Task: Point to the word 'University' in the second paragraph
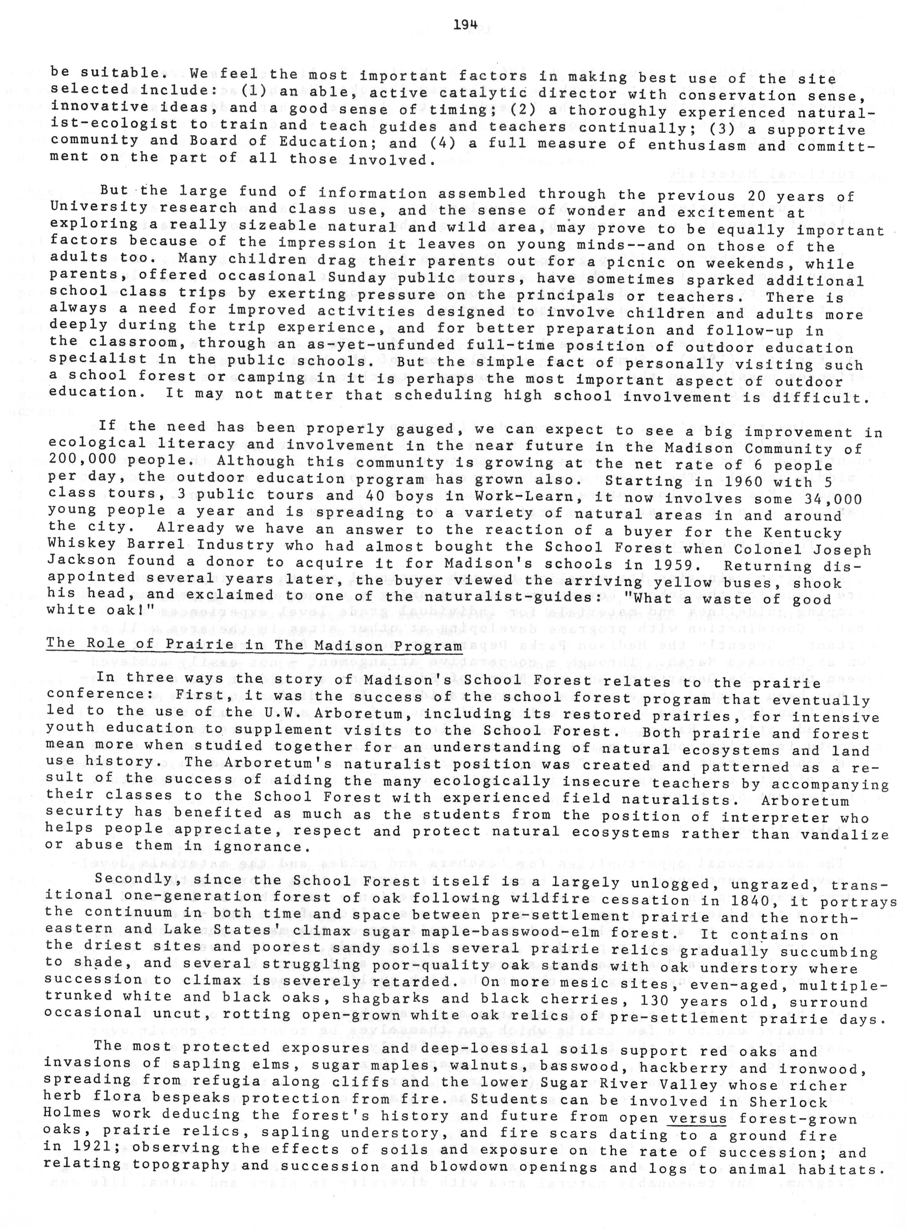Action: [99, 206]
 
